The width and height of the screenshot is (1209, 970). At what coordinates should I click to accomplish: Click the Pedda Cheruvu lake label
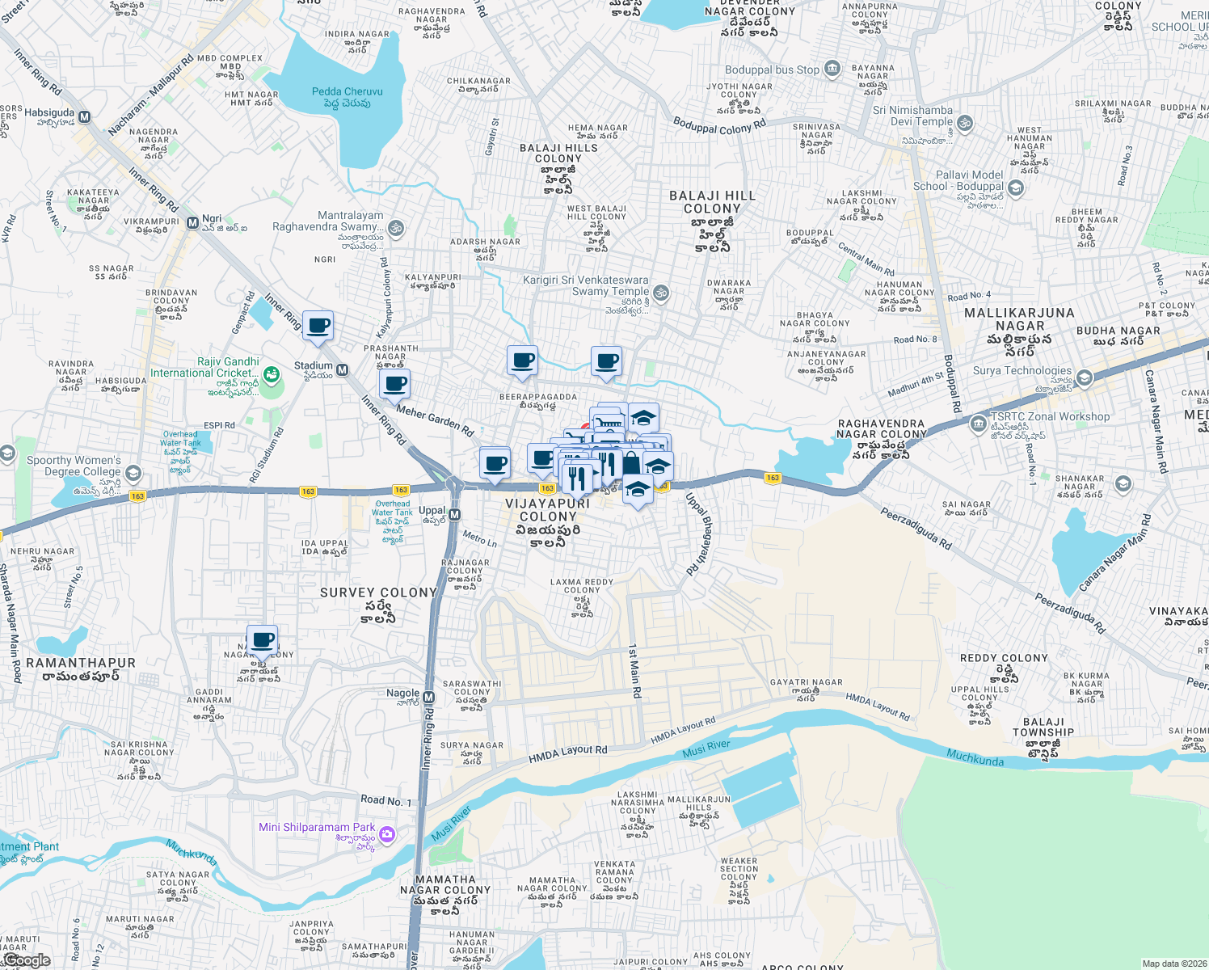[x=348, y=97]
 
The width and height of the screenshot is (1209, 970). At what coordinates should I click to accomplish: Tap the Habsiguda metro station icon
[x=85, y=116]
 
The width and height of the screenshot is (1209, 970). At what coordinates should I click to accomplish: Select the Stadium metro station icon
[x=343, y=370]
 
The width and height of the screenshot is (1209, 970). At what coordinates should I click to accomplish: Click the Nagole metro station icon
[x=429, y=697]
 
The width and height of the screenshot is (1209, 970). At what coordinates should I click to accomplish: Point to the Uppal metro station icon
[x=454, y=515]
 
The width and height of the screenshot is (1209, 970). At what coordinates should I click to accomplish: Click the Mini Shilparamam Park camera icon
[x=387, y=833]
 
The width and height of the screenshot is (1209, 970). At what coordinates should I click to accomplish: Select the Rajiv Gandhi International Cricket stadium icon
[x=272, y=374]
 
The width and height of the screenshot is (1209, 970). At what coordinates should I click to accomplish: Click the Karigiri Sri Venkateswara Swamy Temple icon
[x=661, y=293]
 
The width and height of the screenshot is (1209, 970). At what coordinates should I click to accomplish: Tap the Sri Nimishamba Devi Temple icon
[x=965, y=124]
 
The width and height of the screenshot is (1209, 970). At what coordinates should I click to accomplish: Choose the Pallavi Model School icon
[x=1016, y=188]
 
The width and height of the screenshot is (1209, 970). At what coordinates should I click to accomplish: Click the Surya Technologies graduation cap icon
[x=1084, y=377]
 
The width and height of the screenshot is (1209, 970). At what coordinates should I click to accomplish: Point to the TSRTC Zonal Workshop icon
[x=979, y=423]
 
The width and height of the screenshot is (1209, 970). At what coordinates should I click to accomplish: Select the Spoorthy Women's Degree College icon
[x=133, y=473]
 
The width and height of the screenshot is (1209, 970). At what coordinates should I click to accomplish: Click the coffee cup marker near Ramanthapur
[x=262, y=640]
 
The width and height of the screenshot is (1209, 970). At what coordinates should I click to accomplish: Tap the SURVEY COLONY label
[x=378, y=593]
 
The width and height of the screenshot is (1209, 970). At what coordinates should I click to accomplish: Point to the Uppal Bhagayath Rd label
[x=700, y=533]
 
